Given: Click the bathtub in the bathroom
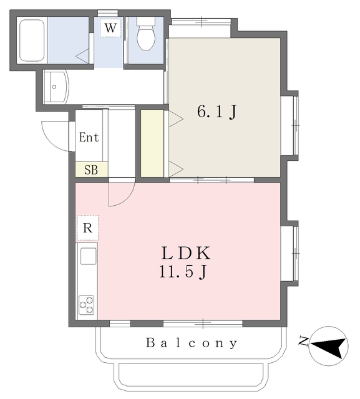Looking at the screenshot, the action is pyautogui.click(x=32, y=40).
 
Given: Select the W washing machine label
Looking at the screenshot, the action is pyautogui.click(x=110, y=27).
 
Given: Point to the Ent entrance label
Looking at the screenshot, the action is pyautogui.click(x=89, y=137).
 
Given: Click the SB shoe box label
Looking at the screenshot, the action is pyautogui.click(x=91, y=170).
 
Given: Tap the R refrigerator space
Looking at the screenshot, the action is pyautogui.click(x=87, y=228).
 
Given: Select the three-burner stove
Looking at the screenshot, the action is pyautogui.click(x=87, y=305).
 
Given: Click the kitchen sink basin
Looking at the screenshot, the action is pyautogui.click(x=89, y=256).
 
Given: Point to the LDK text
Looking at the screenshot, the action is pyautogui.click(x=186, y=253).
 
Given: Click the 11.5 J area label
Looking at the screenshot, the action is pyautogui.click(x=183, y=272).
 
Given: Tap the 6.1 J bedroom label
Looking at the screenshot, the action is pyautogui.click(x=217, y=112).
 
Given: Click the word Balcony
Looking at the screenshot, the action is pyautogui.click(x=192, y=343).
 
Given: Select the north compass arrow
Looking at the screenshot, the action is pyautogui.click(x=329, y=346).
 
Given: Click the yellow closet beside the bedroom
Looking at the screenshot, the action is pyautogui.click(x=152, y=143).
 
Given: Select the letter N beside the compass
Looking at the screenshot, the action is pyautogui.click(x=303, y=342).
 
